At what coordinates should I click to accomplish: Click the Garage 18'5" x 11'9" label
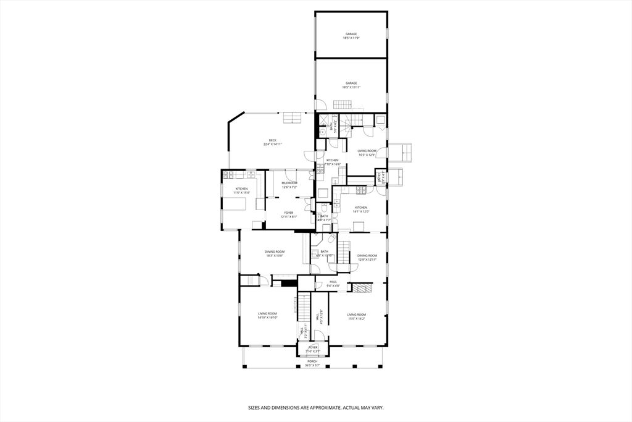[351, 36]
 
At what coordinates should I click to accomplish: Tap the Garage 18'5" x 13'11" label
[351, 85]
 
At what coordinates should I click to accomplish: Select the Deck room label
[272, 142]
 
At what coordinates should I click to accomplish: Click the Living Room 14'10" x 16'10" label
[267, 316]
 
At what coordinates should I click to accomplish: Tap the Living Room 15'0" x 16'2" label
[356, 316]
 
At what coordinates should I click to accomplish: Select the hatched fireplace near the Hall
[360, 287]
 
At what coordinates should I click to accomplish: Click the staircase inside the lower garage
[343, 104]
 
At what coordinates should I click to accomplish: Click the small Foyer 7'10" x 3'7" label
[313, 349]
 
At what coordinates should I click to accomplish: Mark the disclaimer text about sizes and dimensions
[315, 408]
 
